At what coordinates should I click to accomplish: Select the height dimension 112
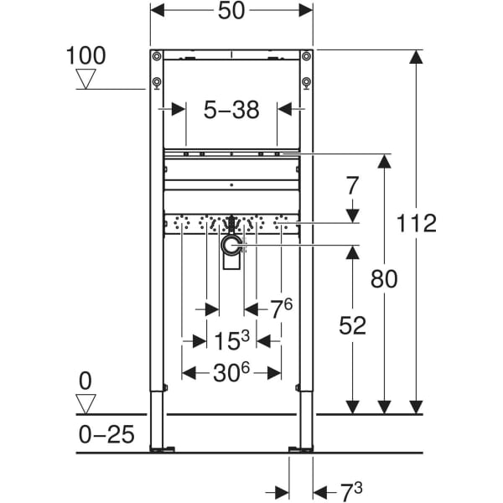(417, 223)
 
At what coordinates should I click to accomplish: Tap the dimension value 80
(384, 278)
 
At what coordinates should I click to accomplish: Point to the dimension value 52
(353, 325)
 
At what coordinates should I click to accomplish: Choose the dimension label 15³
(231, 340)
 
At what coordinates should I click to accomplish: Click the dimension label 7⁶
(281, 309)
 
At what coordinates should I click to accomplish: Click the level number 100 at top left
(87, 56)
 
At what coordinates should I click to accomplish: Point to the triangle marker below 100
(87, 80)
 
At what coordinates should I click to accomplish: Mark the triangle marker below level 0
(86, 403)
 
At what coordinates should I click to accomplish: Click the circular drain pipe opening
(231, 245)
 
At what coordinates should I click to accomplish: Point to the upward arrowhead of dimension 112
(417, 57)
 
